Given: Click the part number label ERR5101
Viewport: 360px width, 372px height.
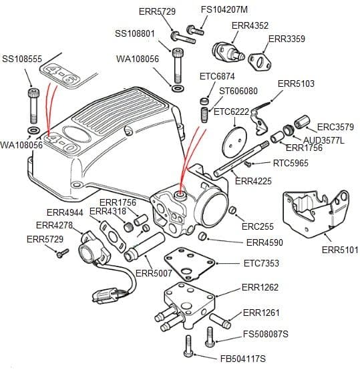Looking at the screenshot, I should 340,250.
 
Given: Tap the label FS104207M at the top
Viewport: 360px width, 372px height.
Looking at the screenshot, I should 224,10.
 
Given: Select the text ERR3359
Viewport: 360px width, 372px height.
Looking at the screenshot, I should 287,39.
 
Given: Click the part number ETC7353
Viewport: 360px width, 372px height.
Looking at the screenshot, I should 261,263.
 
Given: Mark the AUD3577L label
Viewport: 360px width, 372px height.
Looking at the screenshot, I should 324,140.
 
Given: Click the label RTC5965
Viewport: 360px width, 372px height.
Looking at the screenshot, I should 291,163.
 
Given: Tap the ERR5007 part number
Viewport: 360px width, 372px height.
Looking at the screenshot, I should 154,273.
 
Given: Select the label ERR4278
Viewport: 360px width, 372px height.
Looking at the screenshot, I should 54,225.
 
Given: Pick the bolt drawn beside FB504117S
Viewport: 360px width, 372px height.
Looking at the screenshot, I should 189,346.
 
